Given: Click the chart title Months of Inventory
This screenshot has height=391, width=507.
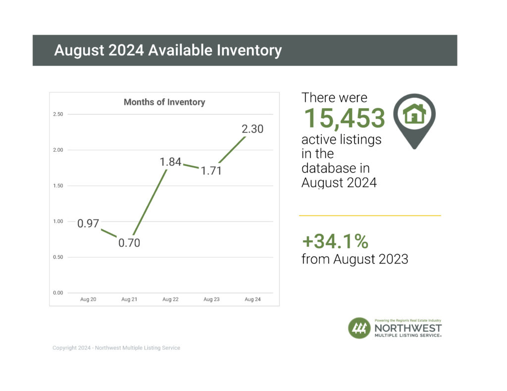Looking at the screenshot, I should [164, 102].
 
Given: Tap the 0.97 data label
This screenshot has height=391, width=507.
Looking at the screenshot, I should [88, 224].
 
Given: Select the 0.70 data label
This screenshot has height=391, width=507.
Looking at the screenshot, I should [129, 243].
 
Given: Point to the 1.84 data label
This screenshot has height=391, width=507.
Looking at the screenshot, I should [170, 162].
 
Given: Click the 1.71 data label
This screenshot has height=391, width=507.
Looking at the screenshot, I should [211, 172].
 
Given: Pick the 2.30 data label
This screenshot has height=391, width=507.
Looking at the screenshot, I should [253, 130].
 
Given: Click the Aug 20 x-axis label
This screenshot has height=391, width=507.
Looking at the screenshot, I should [88, 300].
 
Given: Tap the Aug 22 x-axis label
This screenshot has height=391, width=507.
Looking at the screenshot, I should [170, 300].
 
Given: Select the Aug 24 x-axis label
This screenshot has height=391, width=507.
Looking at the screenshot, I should [253, 300].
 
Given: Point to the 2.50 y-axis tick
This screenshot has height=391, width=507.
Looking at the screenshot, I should [58, 115].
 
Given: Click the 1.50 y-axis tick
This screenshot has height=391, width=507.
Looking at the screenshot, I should [58, 186].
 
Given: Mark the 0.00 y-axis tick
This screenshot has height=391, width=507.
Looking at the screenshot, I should [58, 293].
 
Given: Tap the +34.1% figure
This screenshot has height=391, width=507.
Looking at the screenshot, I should [335, 242].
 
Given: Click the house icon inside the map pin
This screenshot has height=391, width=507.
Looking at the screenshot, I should [414, 114].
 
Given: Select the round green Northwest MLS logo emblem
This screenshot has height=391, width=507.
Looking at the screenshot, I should [359, 328].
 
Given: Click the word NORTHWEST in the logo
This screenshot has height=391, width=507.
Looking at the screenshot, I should [408, 328].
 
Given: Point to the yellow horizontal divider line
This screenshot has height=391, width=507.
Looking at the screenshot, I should [369, 216].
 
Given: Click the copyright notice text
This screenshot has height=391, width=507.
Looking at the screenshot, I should [116, 348].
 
